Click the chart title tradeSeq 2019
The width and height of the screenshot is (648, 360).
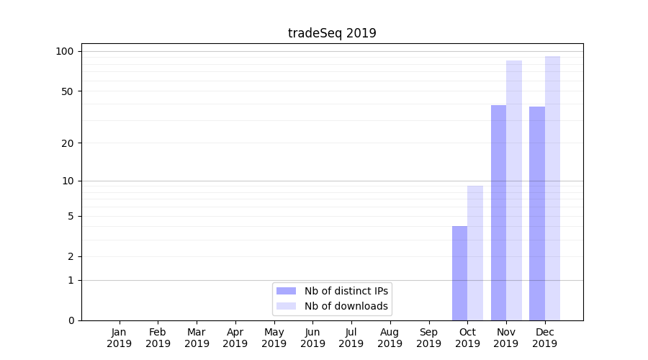(x=332, y=33)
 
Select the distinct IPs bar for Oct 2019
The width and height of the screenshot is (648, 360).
(x=459, y=273)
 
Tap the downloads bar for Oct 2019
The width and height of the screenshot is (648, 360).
(x=475, y=253)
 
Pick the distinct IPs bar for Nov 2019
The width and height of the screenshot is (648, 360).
(x=498, y=212)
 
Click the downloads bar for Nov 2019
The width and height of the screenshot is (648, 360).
(x=514, y=190)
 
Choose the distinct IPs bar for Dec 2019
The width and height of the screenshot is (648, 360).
(x=537, y=213)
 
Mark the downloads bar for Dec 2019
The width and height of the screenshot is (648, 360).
(x=552, y=188)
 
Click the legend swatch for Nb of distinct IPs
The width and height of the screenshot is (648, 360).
(x=286, y=291)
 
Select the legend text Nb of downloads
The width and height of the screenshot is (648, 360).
(x=346, y=306)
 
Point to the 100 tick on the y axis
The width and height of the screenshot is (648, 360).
(x=66, y=51)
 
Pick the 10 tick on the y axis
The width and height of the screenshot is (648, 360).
(x=68, y=181)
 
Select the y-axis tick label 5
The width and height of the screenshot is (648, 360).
(x=71, y=216)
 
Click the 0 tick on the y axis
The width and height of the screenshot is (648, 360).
(x=71, y=320)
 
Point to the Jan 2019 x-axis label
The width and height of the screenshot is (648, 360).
(x=120, y=338)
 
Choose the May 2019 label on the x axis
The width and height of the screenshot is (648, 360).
(x=274, y=338)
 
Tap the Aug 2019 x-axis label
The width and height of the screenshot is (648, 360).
(x=390, y=338)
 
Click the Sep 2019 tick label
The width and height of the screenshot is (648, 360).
(x=428, y=338)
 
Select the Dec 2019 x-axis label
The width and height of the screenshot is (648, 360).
(x=545, y=338)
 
